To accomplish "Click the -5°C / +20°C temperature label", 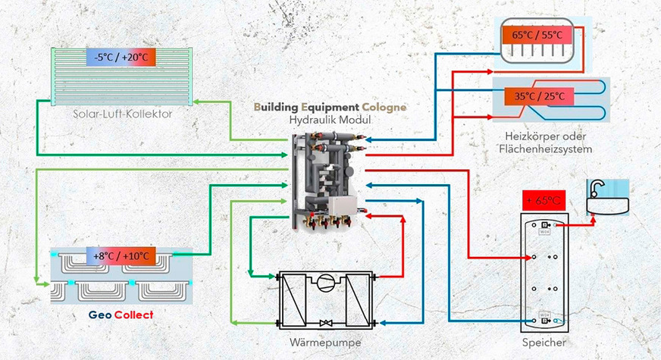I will (x=121, y=57).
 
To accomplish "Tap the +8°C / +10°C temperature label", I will (x=122, y=256).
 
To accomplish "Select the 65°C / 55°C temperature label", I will (x=537, y=36).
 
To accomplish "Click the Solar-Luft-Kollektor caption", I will (x=123, y=114).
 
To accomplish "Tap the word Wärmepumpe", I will (x=326, y=343).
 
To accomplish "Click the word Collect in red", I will (x=129, y=315).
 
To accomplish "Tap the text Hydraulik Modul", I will (x=329, y=121).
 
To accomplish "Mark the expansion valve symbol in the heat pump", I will (x=327, y=324).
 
